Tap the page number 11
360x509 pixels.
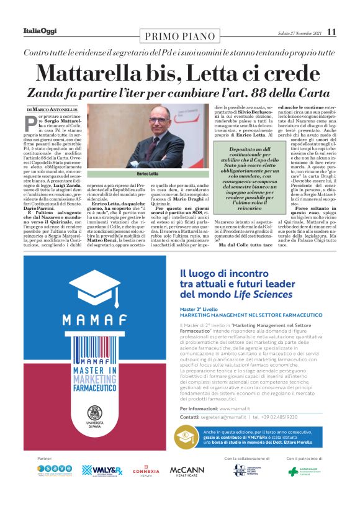(331, 32)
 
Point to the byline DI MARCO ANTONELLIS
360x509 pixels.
(51, 109)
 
